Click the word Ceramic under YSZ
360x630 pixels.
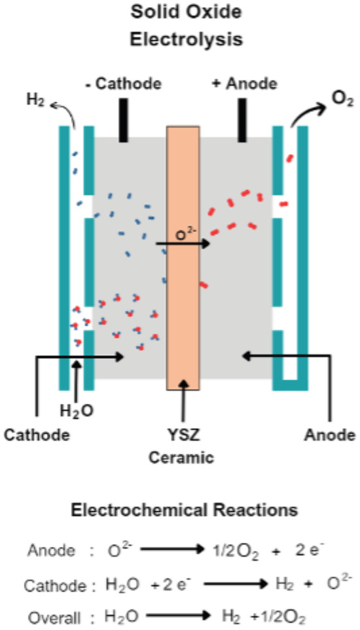[x=187, y=458]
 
